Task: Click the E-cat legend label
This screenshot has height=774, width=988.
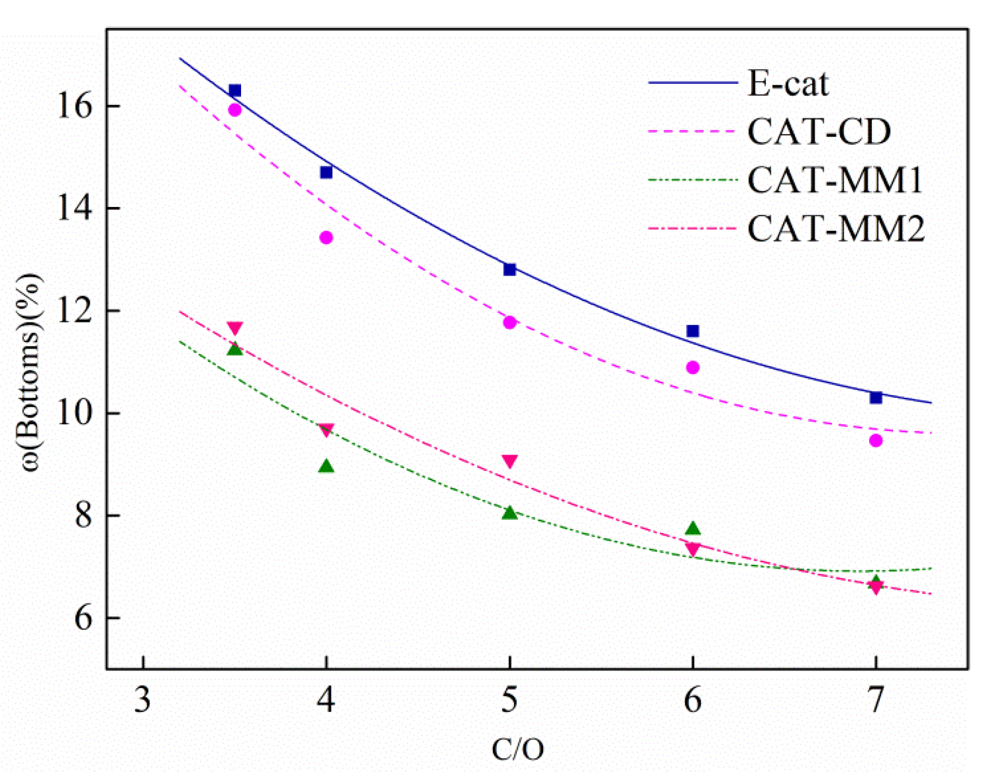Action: point(787,84)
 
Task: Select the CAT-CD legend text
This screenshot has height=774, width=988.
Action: point(818,131)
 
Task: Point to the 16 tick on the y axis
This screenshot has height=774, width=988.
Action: point(74,106)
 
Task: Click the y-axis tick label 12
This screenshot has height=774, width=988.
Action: point(74,311)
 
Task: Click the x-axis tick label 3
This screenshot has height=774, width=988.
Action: point(143,700)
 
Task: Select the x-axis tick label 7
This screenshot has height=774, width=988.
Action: point(875,700)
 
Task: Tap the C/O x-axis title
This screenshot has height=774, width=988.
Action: point(517,749)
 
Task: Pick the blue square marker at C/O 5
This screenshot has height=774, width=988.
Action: point(509,269)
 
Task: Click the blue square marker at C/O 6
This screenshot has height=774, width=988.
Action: point(692,331)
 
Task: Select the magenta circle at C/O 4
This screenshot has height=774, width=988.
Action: point(326,238)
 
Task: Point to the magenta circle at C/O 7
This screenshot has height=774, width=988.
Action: point(876,441)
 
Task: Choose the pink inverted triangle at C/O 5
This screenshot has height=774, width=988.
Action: point(509,461)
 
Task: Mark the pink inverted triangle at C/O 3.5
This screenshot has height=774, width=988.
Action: point(235,328)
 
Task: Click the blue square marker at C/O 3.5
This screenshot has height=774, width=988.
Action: point(235,90)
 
